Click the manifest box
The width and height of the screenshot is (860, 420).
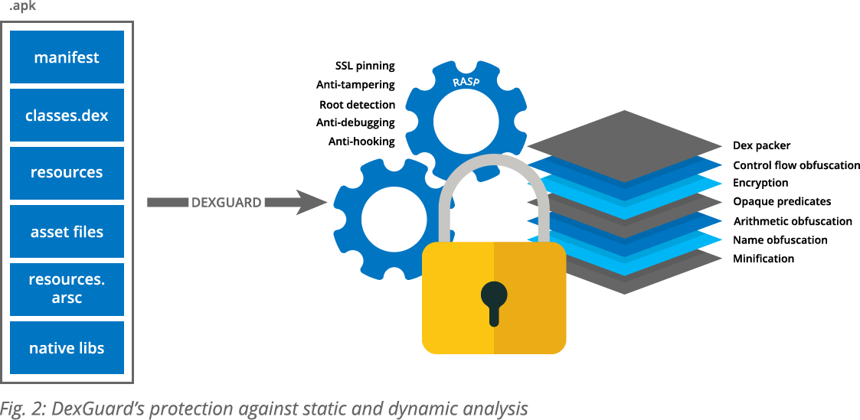coord(67,57)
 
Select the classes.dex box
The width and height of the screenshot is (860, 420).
coord(67,116)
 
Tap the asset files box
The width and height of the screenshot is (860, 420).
coord(67,231)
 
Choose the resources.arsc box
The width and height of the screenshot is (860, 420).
coord(67,289)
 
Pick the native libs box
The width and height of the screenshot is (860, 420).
coord(67,347)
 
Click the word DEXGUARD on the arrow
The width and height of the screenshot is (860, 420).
coord(226,203)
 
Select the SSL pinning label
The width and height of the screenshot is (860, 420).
coord(365,67)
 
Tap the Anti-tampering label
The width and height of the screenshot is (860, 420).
coord(355,85)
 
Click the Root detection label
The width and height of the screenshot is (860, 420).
coord(357,104)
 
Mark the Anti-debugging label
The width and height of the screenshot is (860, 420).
coord(355,122)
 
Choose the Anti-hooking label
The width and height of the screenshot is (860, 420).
coord(361,142)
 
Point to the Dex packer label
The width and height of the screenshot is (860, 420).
coord(761,145)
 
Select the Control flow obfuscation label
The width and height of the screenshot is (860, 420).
coord(796,165)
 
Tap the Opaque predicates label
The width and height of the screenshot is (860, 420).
coord(782,202)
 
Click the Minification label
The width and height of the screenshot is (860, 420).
coord(764,259)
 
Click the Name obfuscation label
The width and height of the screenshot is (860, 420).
coord(780,240)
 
